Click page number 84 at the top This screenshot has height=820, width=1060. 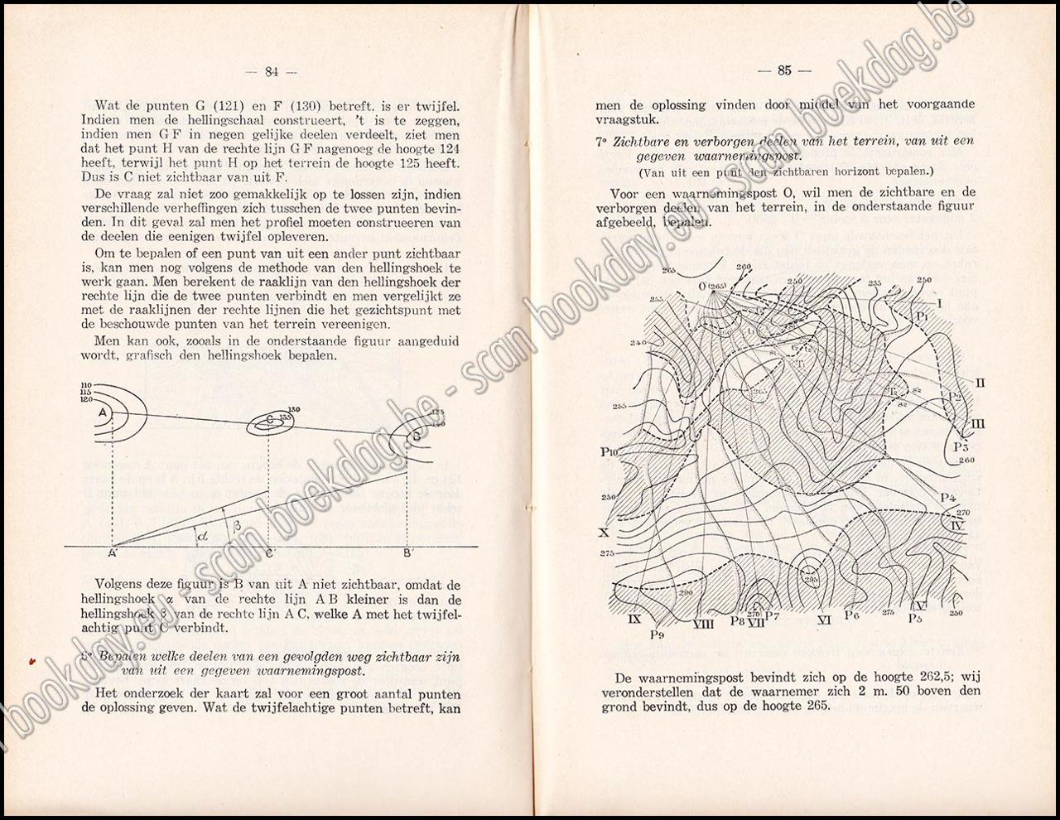(271, 71)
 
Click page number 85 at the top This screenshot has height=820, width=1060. (784, 70)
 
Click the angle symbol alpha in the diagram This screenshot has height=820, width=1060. (203, 534)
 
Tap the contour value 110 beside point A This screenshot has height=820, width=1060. (86, 383)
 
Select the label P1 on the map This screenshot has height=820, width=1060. (923, 316)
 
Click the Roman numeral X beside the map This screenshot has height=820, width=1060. (603, 533)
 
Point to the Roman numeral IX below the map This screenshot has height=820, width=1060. (635, 618)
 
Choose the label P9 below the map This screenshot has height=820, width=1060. (659, 634)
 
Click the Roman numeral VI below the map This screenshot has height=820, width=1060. (823, 620)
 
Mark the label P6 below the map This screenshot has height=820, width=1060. (852, 615)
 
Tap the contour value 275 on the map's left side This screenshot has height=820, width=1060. (607, 553)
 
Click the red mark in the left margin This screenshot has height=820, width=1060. (32, 660)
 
